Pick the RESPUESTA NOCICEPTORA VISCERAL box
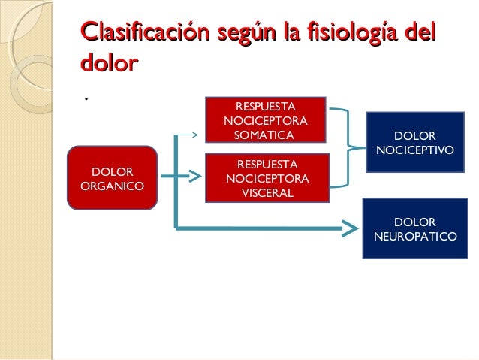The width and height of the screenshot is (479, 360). [267, 178]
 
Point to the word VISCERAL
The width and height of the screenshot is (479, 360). [267, 193]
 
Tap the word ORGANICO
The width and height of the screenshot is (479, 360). [113, 185]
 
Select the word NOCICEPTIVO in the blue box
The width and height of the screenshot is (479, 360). [414, 150]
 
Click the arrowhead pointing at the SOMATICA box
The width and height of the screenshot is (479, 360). [198, 135]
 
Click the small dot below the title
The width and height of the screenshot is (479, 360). [87, 99]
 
